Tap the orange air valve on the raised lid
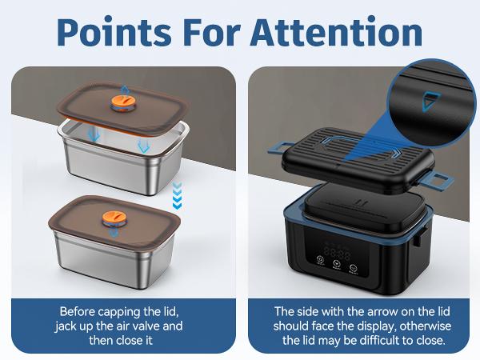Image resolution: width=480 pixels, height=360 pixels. (121, 102)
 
